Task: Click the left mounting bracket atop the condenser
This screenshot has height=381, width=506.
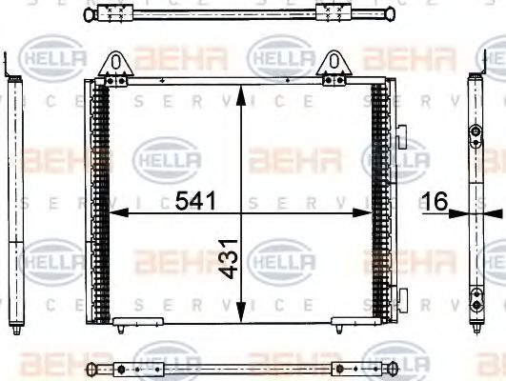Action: click(116, 68)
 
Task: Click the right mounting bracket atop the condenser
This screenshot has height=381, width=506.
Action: click(336, 66)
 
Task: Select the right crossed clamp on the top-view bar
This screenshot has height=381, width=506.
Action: click(334, 13)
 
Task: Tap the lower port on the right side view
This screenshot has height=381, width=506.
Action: click(475, 307)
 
